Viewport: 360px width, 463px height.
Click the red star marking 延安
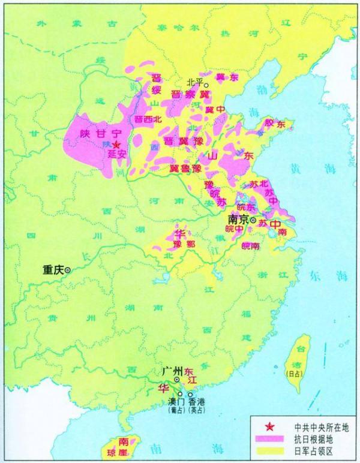coord(116,145)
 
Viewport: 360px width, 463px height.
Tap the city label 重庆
coord(53,270)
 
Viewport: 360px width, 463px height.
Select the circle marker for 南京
coord(253,221)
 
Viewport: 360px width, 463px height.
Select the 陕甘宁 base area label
coord(95,134)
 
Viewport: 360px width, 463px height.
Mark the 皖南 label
coord(251,246)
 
